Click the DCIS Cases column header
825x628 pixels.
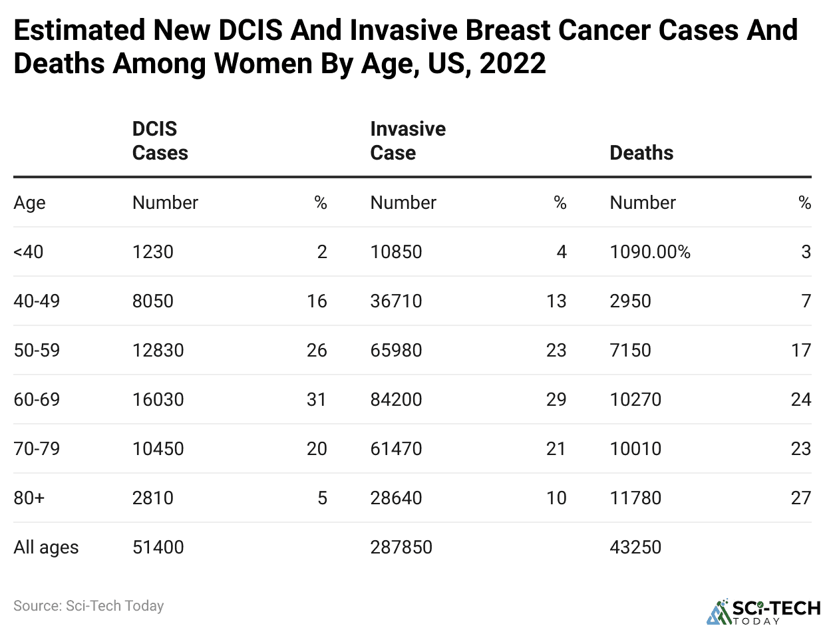point(160,140)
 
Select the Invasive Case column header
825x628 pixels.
point(407,140)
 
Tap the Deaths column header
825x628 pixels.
point(641,152)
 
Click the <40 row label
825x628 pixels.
point(29,252)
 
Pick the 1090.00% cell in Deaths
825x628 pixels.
point(649,252)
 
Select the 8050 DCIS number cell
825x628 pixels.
point(152,301)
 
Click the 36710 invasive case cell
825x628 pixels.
point(396,301)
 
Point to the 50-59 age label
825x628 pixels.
point(37,350)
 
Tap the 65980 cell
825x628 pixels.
point(396,350)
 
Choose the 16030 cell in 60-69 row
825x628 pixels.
point(158,399)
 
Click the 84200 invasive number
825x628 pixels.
point(396,399)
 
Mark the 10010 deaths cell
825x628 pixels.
point(635,448)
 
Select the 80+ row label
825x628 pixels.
point(29,498)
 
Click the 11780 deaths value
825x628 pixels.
point(635,498)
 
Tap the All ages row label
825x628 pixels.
point(46,547)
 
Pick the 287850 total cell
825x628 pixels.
point(401,547)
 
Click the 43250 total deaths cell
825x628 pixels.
point(635,547)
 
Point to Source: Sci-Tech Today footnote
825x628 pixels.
point(88,606)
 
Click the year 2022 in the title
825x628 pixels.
point(512,64)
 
